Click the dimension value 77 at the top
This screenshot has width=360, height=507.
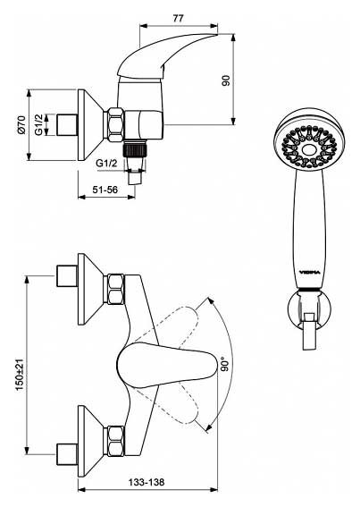pyautogui.click(x=178, y=18)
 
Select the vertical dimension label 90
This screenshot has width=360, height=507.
pyautogui.click(x=226, y=80)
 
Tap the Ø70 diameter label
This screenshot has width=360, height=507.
pyautogui.click(x=21, y=125)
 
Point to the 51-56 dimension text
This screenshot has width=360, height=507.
pyautogui.click(x=105, y=190)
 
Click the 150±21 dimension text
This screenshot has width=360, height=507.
pyautogui.click(x=20, y=374)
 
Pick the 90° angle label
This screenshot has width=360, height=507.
pyautogui.click(x=225, y=364)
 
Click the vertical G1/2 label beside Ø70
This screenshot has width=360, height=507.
pyautogui.click(x=38, y=125)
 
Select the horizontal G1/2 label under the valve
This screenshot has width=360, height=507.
pyautogui.click(x=106, y=164)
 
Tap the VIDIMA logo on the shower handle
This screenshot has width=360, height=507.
pyautogui.click(x=309, y=273)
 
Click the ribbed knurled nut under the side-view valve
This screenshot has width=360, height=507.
pyautogui.click(x=135, y=150)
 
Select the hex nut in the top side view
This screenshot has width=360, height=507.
pyautogui.click(x=115, y=124)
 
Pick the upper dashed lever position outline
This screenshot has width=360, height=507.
pyautogui.click(x=168, y=325)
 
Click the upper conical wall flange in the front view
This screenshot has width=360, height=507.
pyautogui.click(x=90, y=289)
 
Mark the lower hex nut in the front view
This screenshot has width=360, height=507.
pyautogui.click(x=115, y=441)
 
